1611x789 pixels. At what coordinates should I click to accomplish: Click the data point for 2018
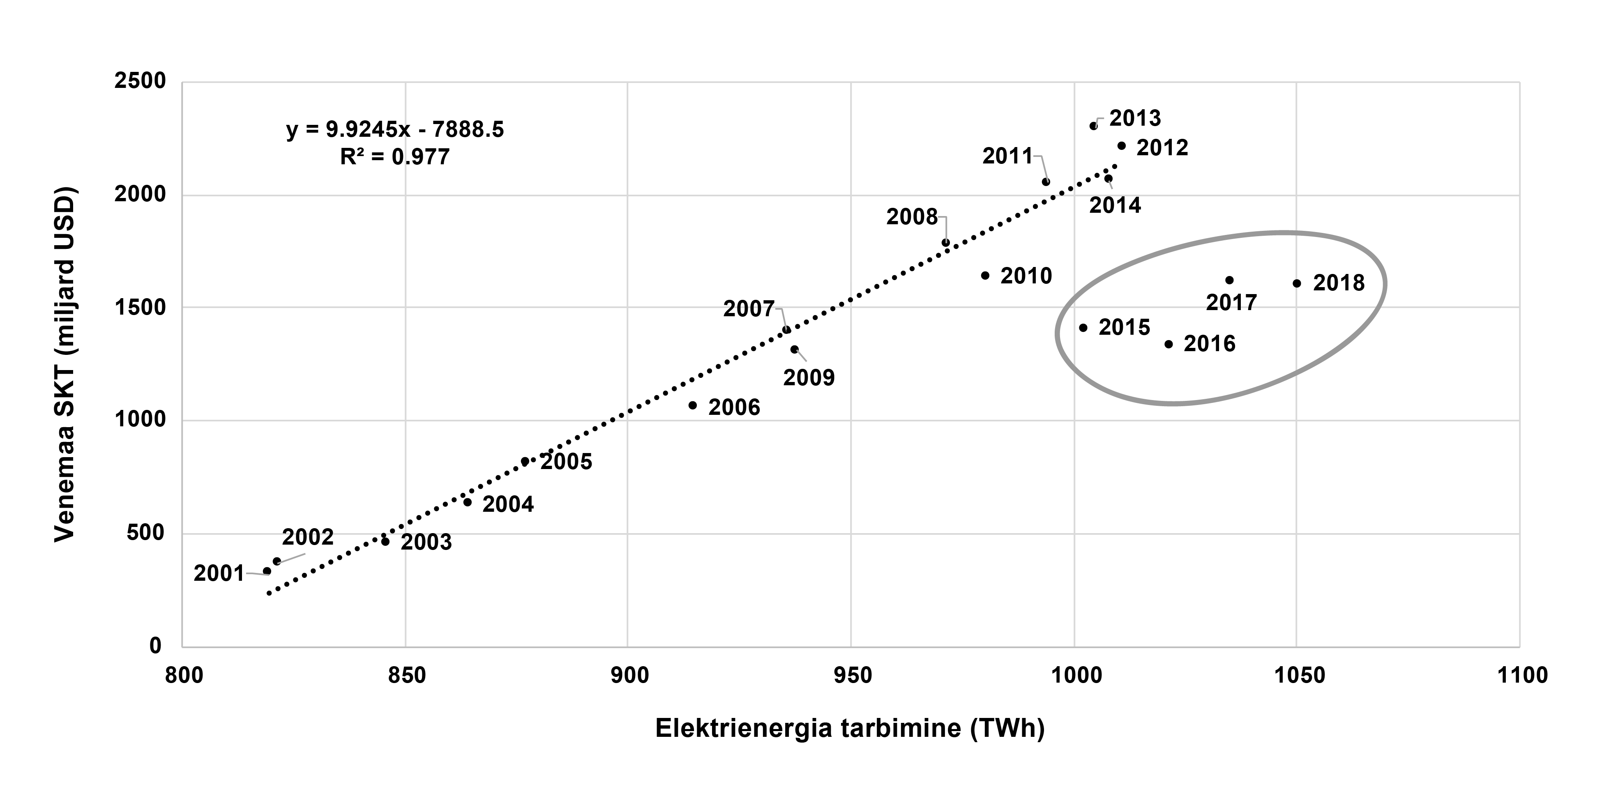[1296, 283]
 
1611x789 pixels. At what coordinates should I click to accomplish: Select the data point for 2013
[1093, 126]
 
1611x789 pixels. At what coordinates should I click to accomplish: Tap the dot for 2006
[692, 405]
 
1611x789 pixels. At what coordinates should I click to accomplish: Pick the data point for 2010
[985, 275]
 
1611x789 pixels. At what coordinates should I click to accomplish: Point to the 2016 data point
[1168, 344]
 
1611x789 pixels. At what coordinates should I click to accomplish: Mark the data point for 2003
[385, 541]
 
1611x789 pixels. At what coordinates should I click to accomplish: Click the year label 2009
[809, 377]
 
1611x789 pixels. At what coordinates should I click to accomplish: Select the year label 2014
[1115, 205]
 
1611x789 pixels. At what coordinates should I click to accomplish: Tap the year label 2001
[219, 573]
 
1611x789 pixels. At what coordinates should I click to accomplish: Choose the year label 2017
[1231, 303]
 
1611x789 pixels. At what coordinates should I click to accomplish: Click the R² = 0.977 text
[394, 156]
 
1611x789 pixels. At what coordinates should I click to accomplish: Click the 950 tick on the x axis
[851, 676]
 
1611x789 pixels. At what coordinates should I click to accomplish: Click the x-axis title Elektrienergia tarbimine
[850, 729]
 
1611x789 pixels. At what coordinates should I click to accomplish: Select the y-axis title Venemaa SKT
[65, 364]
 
